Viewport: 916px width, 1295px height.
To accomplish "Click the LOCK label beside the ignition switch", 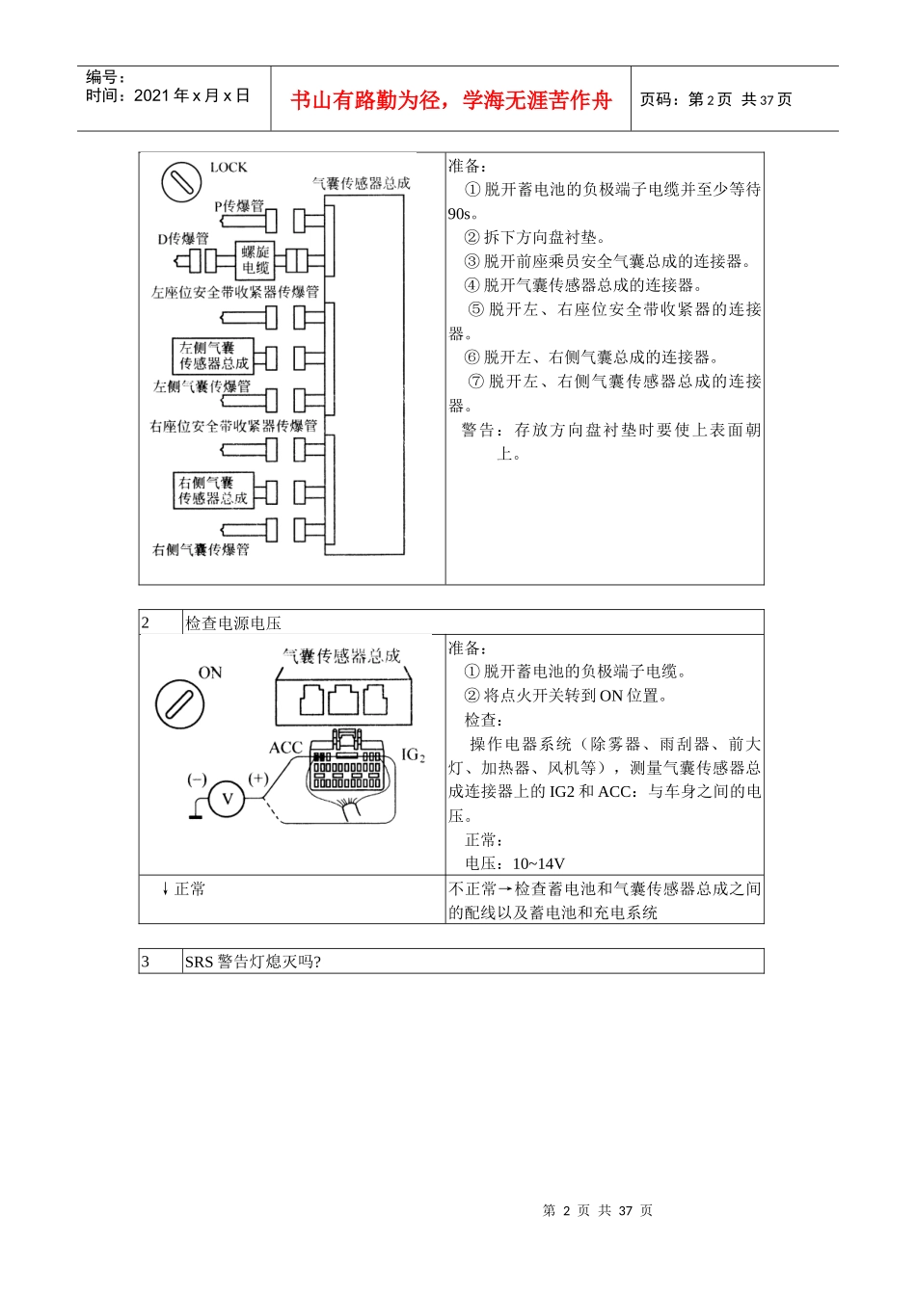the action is click(229, 168).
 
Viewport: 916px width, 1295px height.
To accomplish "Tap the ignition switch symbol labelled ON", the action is click(179, 704).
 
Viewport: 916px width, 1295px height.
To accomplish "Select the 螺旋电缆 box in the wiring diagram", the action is click(256, 260).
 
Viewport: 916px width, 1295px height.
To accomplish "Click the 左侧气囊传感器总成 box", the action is click(213, 356).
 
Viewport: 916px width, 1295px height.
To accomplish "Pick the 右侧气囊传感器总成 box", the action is click(213, 490).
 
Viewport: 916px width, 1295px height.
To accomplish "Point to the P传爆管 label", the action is click(238, 205).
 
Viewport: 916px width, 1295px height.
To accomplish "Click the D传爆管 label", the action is click(183, 239).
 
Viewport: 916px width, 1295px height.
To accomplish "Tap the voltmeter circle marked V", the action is click(228, 799).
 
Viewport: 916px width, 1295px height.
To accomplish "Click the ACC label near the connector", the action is click(285, 748).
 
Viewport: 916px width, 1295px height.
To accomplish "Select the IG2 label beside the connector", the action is click(413, 755).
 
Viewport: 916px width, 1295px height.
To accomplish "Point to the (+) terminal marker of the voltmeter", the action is click(258, 779).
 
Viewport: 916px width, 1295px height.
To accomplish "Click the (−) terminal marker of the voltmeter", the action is click(197, 779).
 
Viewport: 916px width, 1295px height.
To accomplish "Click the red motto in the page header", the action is click(451, 100).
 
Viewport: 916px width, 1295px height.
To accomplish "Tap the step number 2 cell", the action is click(160, 623).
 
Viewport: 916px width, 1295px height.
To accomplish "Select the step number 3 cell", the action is click(160, 962).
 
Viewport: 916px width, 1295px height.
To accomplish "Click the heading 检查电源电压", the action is click(233, 623).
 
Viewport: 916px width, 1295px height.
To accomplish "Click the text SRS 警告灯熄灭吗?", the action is click(253, 962).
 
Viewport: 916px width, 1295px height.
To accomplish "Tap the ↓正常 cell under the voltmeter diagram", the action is click(183, 888).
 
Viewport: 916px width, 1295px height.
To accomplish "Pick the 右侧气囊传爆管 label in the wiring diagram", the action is click(201, 549).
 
